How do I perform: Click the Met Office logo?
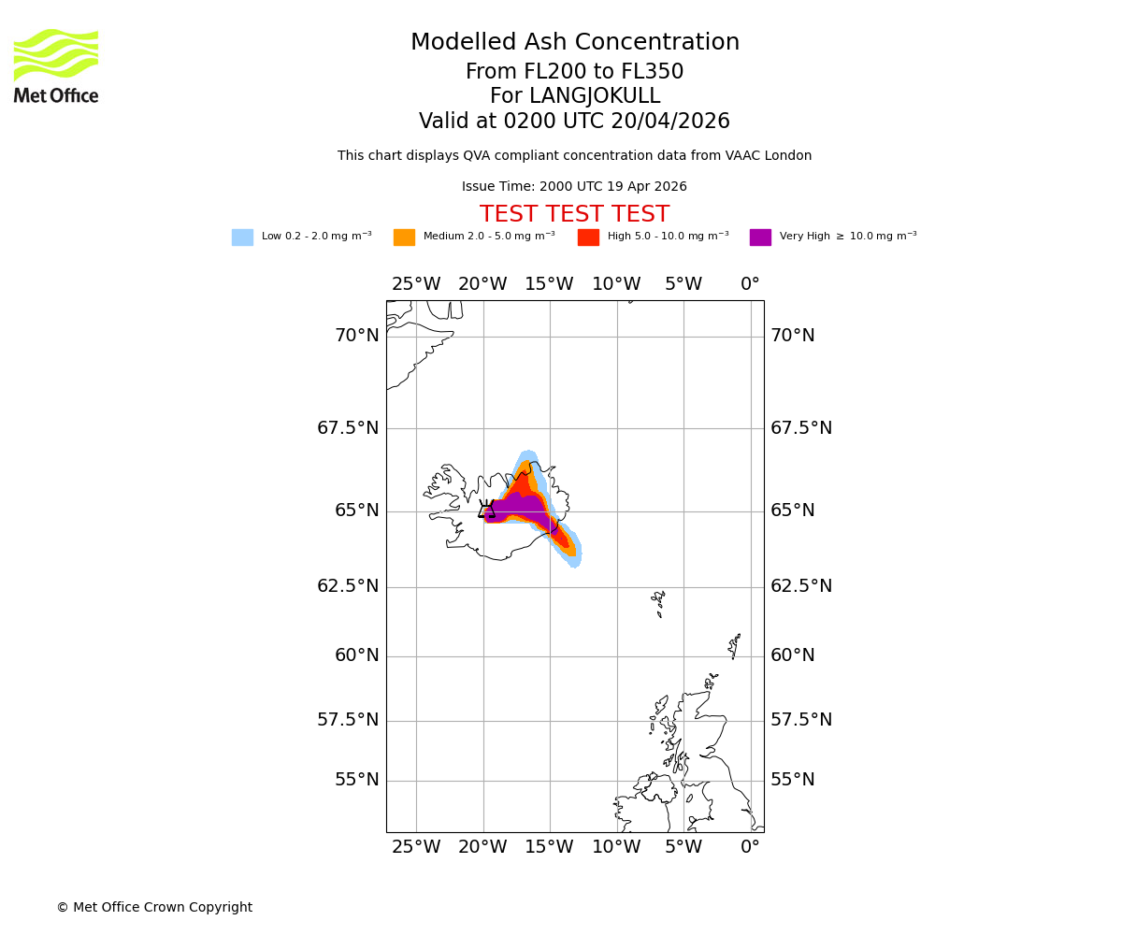pos(56,65)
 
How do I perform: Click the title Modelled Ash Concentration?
pos(574,43)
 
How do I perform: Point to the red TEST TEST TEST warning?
pos(574,214)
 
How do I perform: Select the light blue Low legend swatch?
pos(242,237)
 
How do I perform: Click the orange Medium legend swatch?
pos(404,237)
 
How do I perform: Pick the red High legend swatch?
pos(588,237)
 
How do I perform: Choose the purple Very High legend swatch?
pos(760,237)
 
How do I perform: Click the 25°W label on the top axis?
pos(416,284)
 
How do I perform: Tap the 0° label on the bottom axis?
pos(750,847)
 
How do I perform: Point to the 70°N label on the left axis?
pos(357,336)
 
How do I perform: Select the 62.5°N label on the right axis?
pos(792,586)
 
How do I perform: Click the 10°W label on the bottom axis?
pos(616,847)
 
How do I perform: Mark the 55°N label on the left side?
pos(357,780)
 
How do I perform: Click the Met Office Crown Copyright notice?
pos(154,907)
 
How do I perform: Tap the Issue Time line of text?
pos(574,187)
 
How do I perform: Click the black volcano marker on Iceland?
pos(486,510)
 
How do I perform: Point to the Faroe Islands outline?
pos(660,602)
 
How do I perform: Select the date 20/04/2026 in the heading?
pos(670,122)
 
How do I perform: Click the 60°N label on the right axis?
pos(792,655)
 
